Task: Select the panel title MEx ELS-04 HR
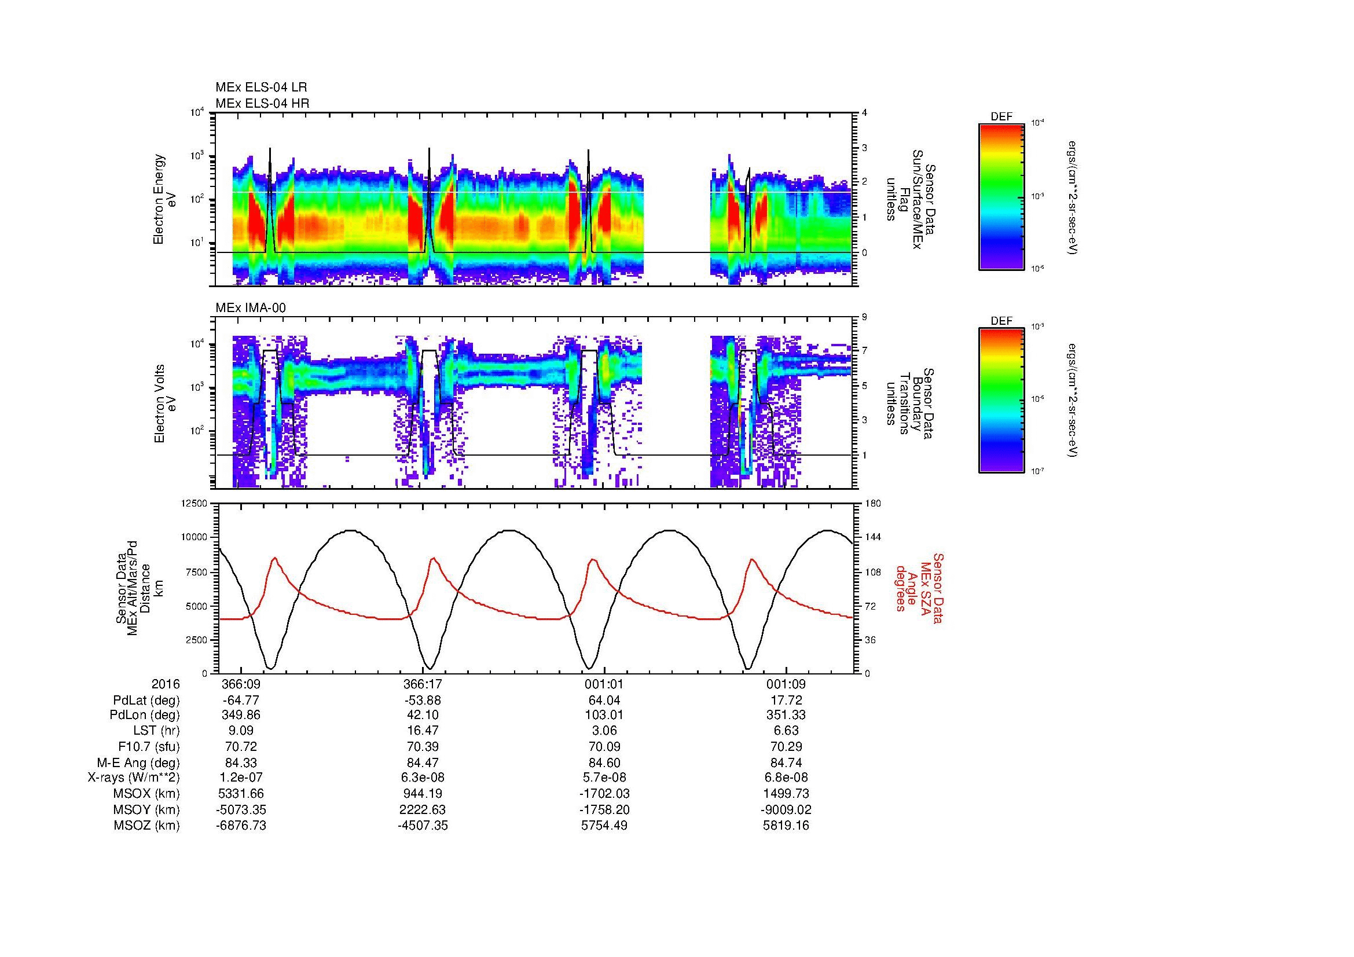262,103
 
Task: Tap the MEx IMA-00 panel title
251,308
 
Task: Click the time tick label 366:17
422,684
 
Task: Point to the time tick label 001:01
604,684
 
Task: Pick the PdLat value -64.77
241,701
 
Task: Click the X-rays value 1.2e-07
241,778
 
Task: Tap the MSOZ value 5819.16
786,826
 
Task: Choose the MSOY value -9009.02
786,809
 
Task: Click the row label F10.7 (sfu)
149,747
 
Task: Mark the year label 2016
166,684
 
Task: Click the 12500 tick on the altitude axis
195,503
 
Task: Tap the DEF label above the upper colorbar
1001,117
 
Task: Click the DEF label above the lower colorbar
1001,321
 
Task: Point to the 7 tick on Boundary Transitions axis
864,351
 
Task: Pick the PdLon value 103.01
604,715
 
